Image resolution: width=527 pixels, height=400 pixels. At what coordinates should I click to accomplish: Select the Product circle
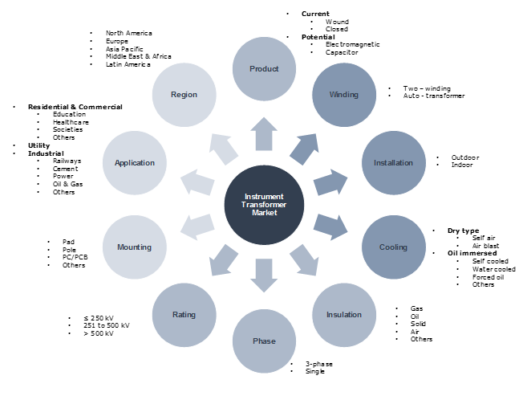(x=264, y=69)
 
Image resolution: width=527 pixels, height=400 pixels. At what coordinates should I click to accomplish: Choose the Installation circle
(x=393, y=163)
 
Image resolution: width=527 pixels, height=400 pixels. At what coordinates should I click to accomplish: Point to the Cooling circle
(x=393, y=247)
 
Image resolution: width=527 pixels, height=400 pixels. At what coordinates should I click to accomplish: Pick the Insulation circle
(x=343, y=314)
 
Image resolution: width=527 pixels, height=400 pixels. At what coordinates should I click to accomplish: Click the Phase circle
(x=264, y=341)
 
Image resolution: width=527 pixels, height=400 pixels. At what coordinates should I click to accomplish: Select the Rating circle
(x=184, y=314)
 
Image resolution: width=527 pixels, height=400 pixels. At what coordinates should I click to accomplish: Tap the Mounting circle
(x=135, y=247)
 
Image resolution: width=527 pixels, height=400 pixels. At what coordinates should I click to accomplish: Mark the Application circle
(x=135, y=163)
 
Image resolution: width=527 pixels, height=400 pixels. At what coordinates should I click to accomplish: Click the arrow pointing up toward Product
(x=264, y=134)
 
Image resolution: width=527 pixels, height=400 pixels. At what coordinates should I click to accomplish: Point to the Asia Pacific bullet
(x=125, y=48)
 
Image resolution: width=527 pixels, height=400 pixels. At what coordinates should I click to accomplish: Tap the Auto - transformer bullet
(x=437, y=96)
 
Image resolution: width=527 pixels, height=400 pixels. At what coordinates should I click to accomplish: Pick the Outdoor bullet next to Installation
(x=464, y=157)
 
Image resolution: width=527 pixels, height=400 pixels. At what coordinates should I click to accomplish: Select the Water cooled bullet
(x=494, y=269)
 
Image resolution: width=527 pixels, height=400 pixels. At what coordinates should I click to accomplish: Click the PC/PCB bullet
(x=75, y=257)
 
